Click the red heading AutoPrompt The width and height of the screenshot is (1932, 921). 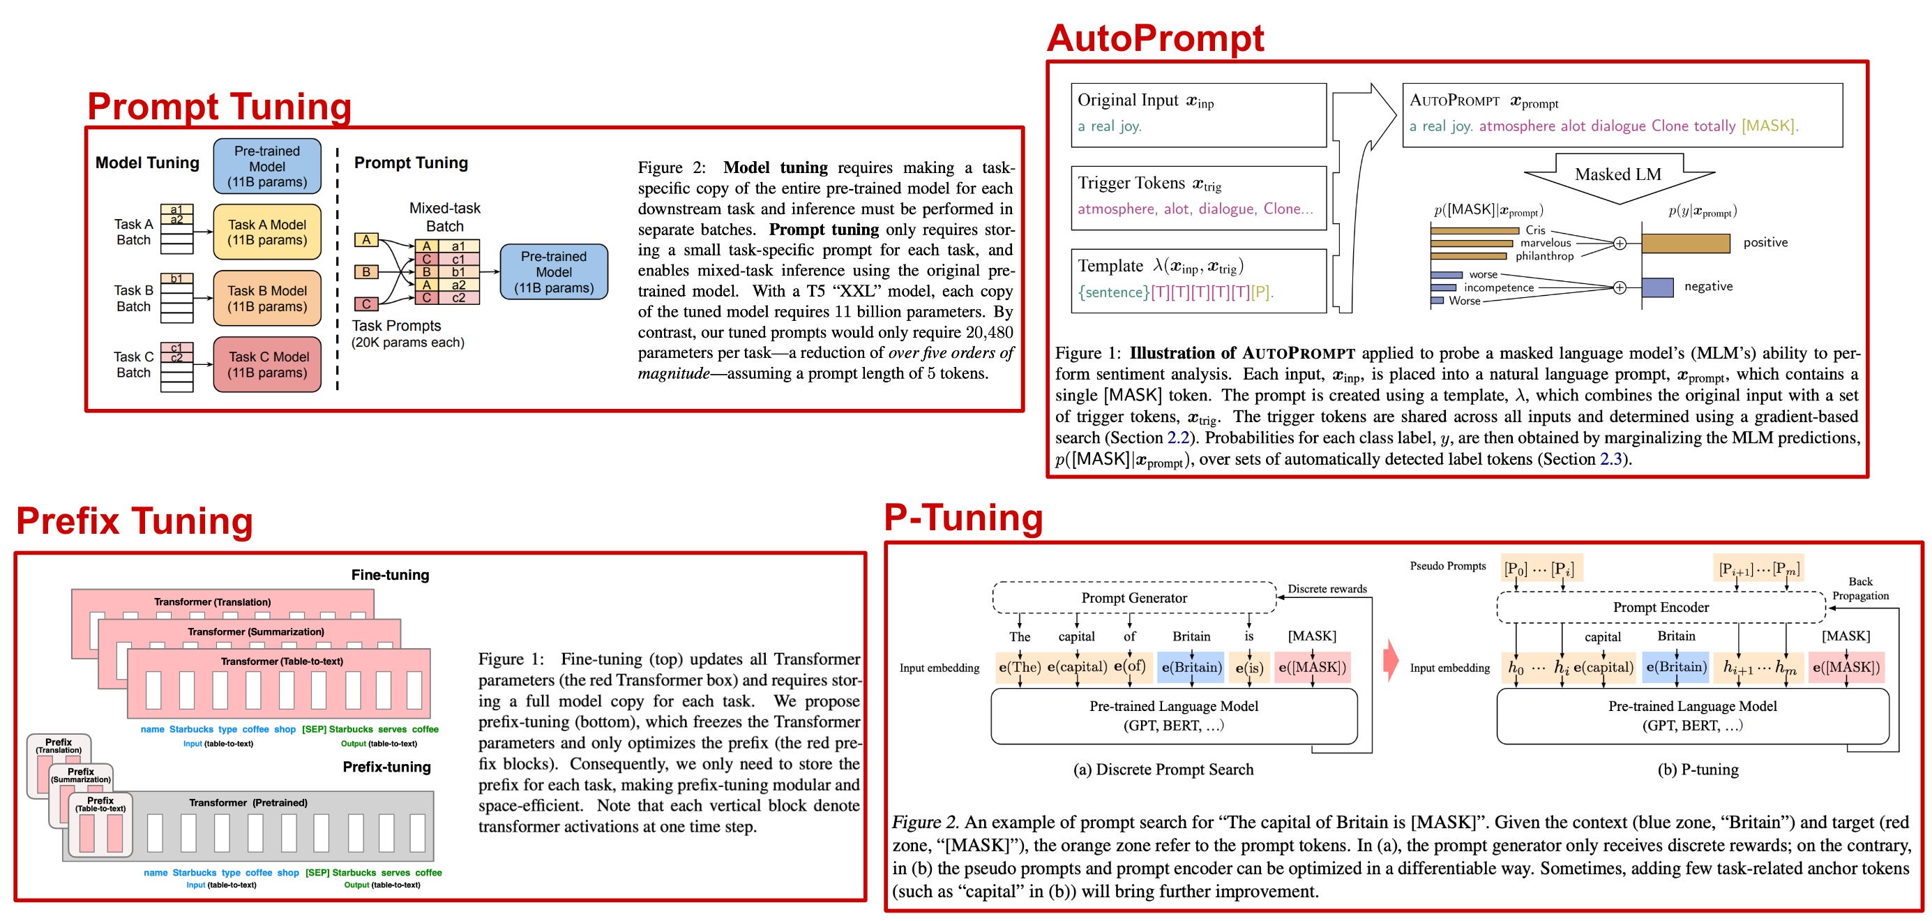coord(1155,38)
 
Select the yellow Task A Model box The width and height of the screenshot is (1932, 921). coord(267,232)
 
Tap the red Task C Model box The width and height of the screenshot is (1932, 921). coord(268,365)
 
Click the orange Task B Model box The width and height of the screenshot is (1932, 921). coord(267,299)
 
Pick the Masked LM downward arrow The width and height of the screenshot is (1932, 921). coord(1619,177)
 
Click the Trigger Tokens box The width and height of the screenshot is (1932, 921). coord(1198,197)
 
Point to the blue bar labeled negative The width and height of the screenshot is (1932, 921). coord(1656,287)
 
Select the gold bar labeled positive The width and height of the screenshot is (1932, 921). coord(1685,243)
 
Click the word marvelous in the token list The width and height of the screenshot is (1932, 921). coord(1545,243)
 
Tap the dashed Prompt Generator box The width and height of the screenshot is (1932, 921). coord(1133,598)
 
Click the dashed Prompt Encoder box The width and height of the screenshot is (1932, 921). coord(1661,608)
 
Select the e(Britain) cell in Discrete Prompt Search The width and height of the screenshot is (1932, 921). coord(1191,668)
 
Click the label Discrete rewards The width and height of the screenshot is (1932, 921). coord(1327,589)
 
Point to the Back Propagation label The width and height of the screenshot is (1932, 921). coord(1860,589)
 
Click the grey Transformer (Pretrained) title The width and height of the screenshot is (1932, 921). coord(248,802)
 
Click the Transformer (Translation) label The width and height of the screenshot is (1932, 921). coord(212,601)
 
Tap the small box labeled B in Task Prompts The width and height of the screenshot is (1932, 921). coord(366,271)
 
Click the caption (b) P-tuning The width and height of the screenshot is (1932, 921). coord(1697,770)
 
